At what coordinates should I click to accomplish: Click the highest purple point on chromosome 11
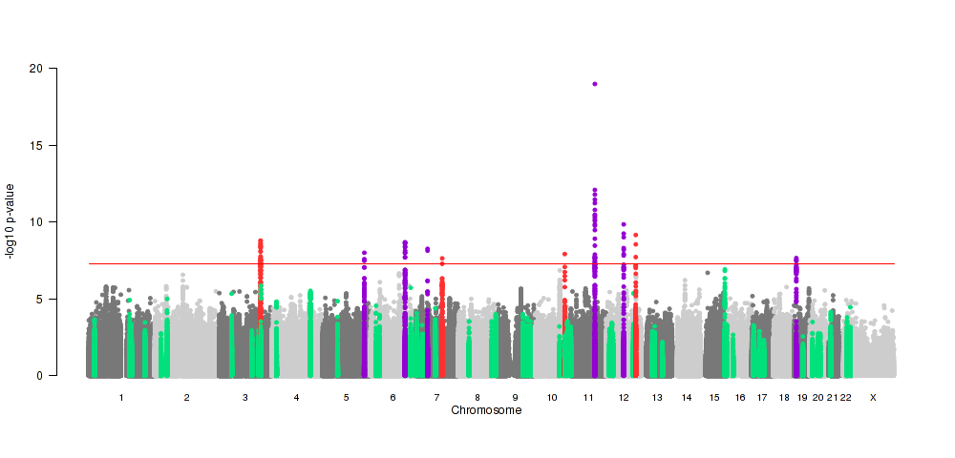pos(594,84)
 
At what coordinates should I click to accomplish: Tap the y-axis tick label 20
pos(35,69)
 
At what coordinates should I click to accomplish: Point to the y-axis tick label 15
pos(35,146)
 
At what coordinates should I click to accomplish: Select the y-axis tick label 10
pos(35,222)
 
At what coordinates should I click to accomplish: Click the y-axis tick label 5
pos(38,300)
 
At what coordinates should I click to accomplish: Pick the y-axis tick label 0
pos(38,376)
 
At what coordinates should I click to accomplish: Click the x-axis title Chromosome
pos(486,410)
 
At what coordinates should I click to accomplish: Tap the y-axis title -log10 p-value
pos(11,222)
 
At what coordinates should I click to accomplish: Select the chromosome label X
pos(872,397)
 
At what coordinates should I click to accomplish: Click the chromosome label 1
pos(121,397)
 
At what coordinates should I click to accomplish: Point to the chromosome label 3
pos(245,397)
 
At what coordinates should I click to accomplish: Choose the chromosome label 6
pos(393,397)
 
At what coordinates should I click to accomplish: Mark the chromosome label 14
pos(687,397)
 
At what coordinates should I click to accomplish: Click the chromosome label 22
pos(845,397)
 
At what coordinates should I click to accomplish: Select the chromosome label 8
pos(477,397)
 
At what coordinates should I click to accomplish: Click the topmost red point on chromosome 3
pos(260,241)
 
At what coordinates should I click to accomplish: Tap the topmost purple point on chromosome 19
pos(796,259)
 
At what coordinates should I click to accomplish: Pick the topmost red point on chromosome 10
pos(564,255)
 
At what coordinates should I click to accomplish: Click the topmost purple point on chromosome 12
pos(624,225)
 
